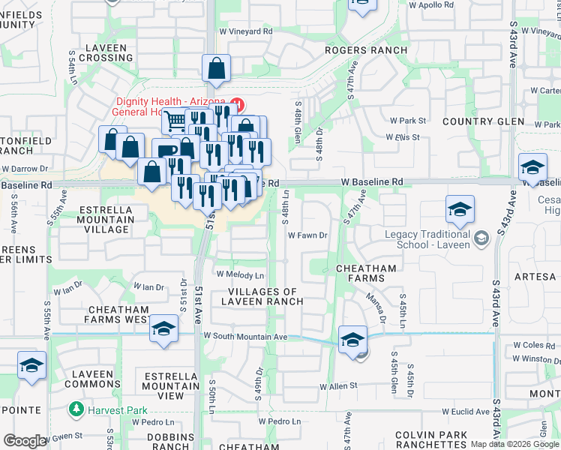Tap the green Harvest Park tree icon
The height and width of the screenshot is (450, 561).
(76, 409)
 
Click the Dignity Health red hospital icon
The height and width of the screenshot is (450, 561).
(238, 103)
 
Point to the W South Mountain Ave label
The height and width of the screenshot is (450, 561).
(245, 337)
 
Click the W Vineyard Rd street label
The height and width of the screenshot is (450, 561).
(245, 31)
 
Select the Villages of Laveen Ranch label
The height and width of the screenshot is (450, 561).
(262, 296)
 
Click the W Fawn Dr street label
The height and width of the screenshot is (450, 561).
(309, 235)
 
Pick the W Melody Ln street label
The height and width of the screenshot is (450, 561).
(240, 275)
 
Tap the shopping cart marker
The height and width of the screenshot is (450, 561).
(175, 120)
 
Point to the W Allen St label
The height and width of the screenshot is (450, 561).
(338, 386)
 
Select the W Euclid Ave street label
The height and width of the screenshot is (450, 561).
(465, 412)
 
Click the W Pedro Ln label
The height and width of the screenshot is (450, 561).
(279, 421)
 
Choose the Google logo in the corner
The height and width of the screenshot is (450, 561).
(24, 441)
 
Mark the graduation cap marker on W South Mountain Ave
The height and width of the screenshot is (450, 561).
(352, 340)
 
